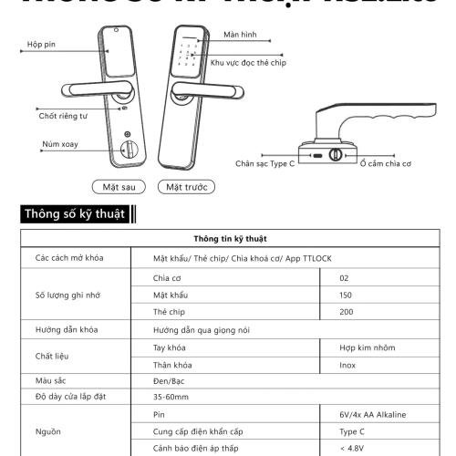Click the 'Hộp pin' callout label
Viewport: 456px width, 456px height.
tap(41, 45)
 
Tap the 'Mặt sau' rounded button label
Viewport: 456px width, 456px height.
tap(119, 188)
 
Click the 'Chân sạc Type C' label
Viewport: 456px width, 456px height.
tap(264, 164)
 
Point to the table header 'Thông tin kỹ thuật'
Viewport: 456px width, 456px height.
tap(227, 239)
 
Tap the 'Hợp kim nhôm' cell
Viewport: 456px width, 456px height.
tap(364, 347)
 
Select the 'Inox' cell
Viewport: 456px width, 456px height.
tap(347, 364)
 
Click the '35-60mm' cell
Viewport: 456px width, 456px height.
tap(171, 397)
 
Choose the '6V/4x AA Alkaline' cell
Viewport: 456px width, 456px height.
tap(372, 414)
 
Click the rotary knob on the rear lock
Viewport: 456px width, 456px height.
tap(129, 149)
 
